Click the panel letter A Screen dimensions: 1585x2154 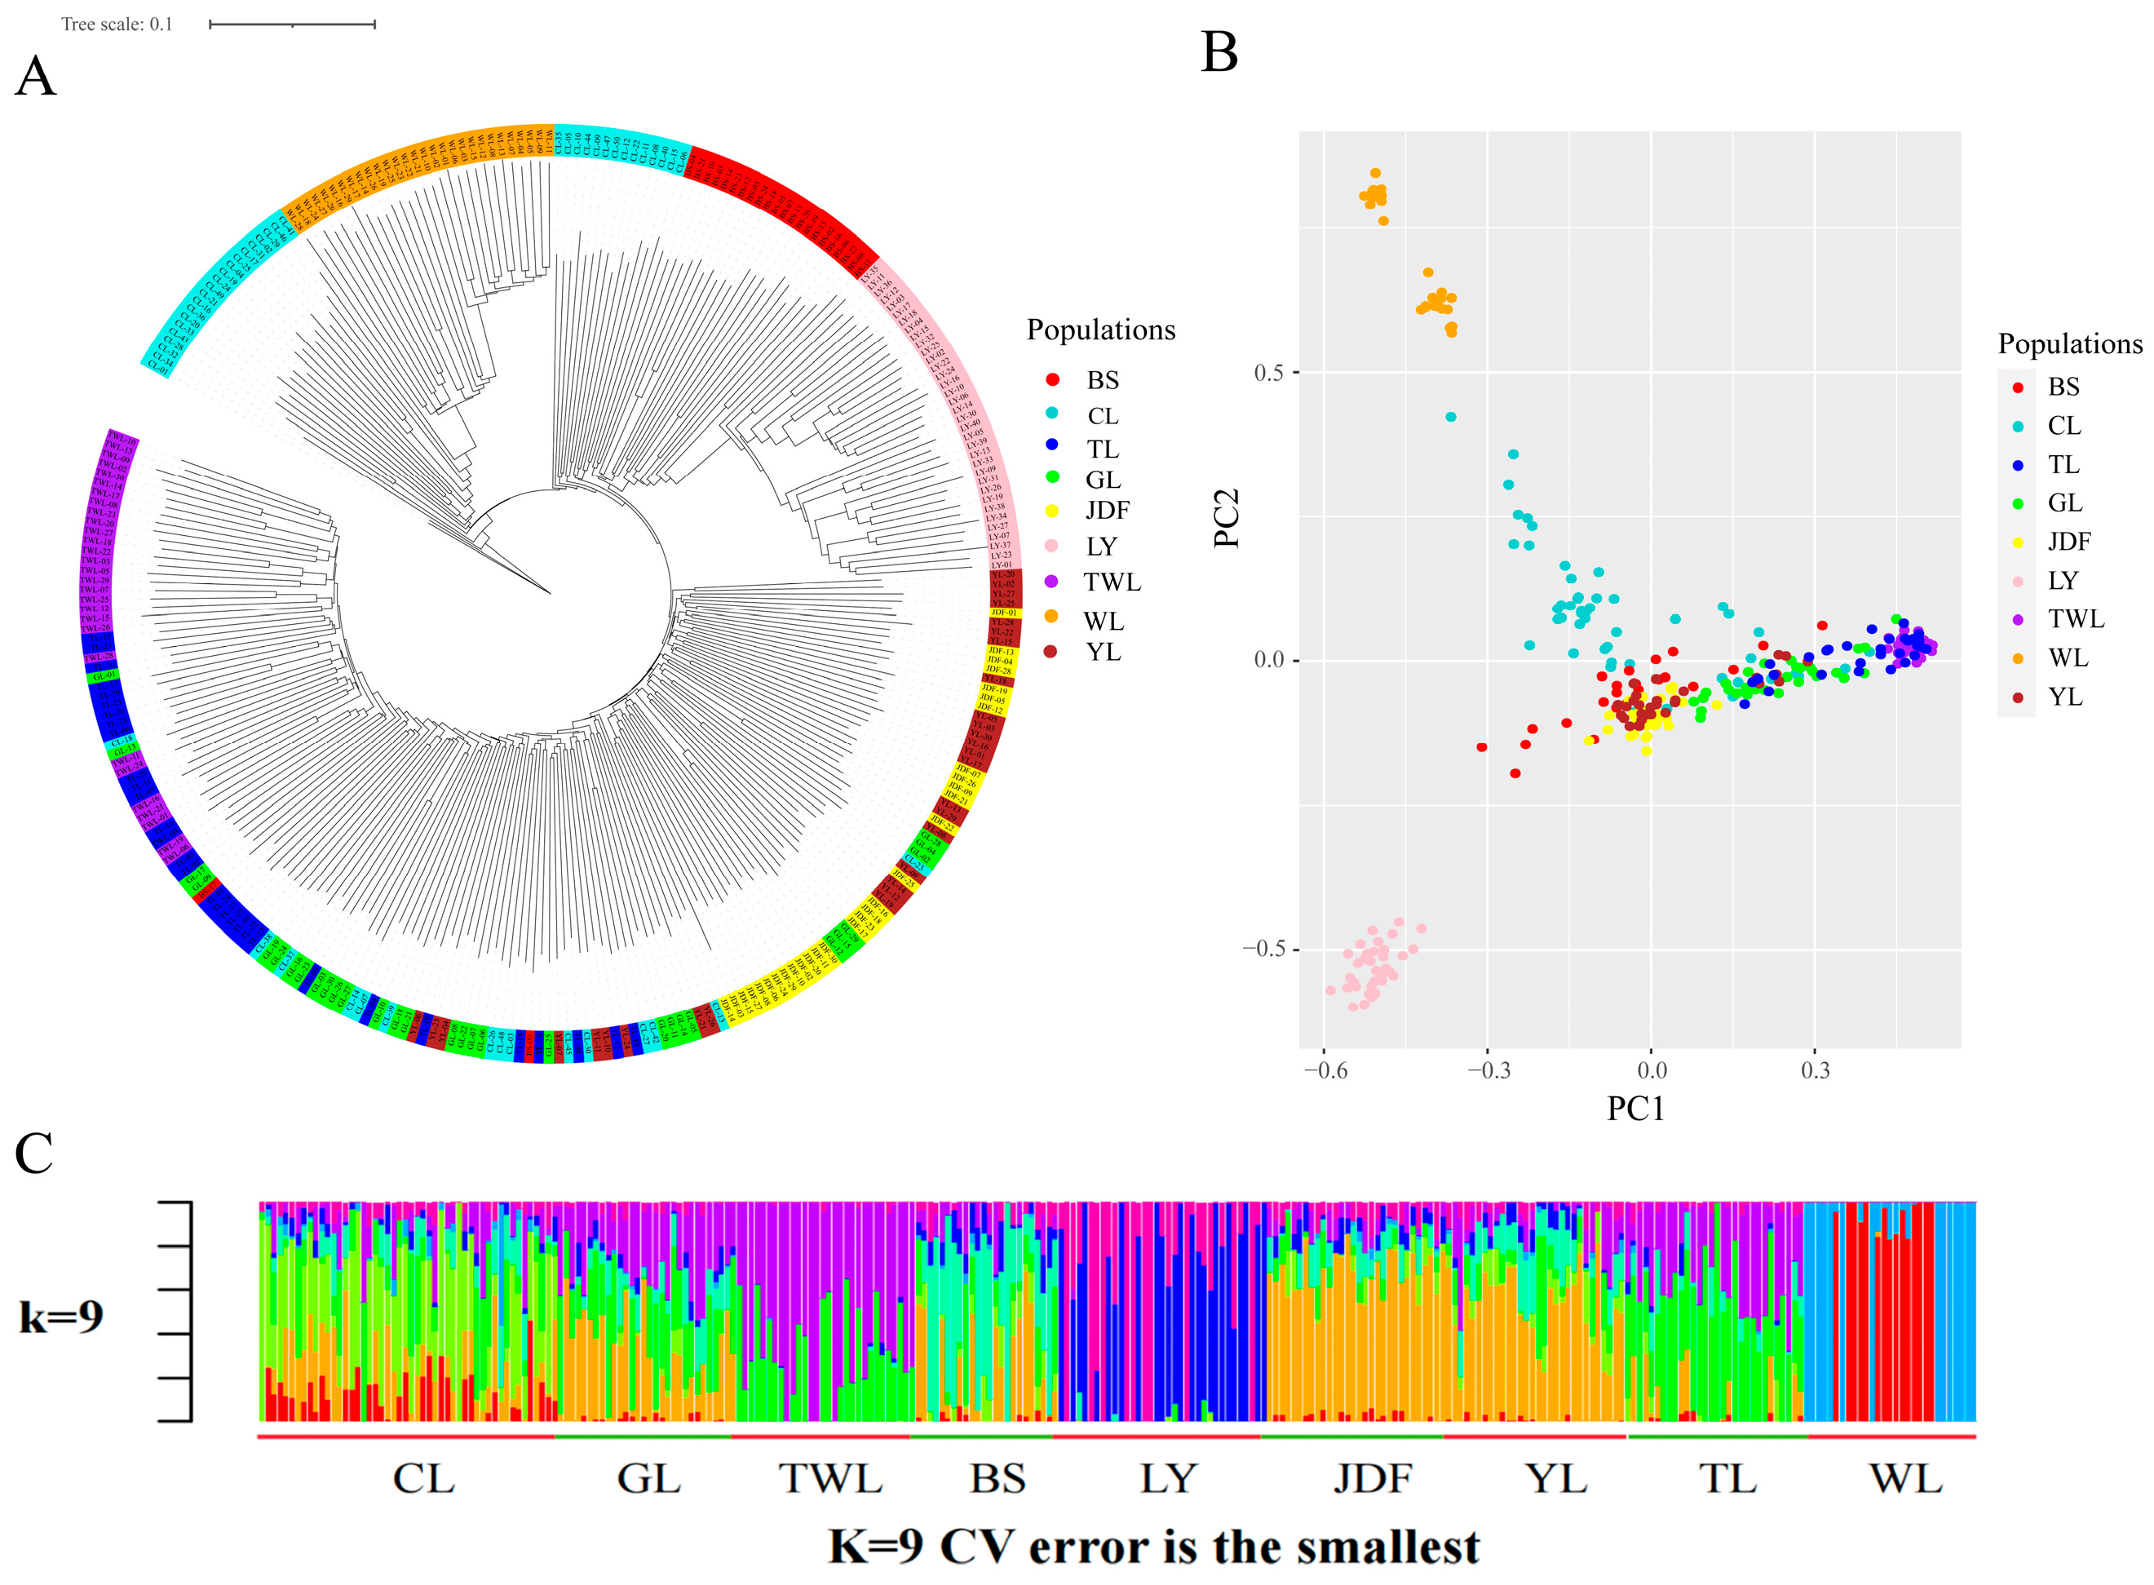click(36, 76)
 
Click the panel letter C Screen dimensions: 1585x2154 click(33, 1153)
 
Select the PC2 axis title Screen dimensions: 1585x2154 click(1227, 518)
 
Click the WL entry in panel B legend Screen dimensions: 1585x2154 click(2067, 658)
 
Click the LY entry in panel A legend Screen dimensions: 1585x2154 click(1100, 546)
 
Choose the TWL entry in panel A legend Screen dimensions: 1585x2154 click(1111, 582)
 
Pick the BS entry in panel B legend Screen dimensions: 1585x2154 click(2063, 387)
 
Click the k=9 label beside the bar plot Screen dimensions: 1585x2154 click(61, 1316)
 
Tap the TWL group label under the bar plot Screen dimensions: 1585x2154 click(829, 1478)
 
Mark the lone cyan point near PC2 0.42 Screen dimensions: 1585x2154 click(1450, 416)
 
